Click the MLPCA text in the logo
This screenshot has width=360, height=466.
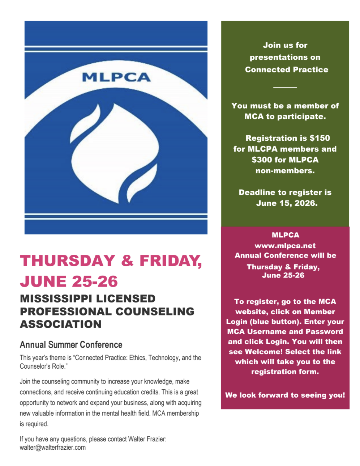116,77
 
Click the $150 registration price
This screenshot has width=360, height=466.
320,138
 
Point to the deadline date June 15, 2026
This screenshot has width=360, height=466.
287,203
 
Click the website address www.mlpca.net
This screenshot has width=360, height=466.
285,246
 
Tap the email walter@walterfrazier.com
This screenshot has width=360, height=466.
53,448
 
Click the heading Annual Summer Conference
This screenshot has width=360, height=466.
71,344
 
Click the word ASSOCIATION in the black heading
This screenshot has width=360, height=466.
61,324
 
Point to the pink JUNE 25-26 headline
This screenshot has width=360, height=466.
69,281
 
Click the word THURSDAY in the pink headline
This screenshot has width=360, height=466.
67,261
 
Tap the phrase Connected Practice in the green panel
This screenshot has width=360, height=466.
287,69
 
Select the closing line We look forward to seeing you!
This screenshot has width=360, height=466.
285,395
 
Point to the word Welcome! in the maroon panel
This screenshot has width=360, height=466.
263,352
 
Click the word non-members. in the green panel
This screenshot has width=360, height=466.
285,171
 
